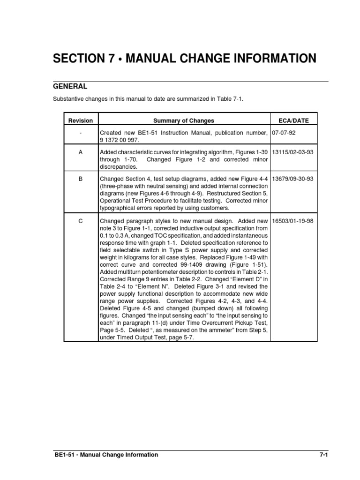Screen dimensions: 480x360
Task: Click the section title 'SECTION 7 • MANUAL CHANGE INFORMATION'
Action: pyautogui.click(x=185, y=59)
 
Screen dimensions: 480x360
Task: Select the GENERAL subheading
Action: pyautogui.click(x=70, y=87)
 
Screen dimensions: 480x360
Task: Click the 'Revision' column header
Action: pyautogui.click(x=81, y=120)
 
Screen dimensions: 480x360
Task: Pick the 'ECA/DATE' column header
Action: pyautogui.click(x=294, y=120)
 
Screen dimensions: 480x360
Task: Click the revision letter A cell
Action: pyautogui.click(x=81, y=152)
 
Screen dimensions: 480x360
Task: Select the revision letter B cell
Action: pyautogui.click(x=81, y=179)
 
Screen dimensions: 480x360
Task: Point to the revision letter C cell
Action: pyautogui.click(x=81, y=221)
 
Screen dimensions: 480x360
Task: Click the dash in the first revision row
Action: pyautogui.click(x=81, y=133)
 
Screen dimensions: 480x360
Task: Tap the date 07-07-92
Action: pyautogui.click(x=284, y=133)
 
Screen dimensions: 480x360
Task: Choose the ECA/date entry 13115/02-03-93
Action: pyautogui.click(x=293, y=152)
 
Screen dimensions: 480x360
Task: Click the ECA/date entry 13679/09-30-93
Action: pyautogui.click(x=293, y=179)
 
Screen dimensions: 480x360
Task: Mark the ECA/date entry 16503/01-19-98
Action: pyautogui.click(x=293, y=221)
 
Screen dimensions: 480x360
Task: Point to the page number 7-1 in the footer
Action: pyautogui.click(x=322, y=455)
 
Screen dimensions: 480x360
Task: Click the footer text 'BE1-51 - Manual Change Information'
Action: pyautogui.click(x=106, y=455)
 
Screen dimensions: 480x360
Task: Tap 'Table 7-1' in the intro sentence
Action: pyautogui.click(x=233, y=100)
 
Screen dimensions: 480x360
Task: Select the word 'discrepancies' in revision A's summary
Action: pyautogui.click(x=118, y=166)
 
